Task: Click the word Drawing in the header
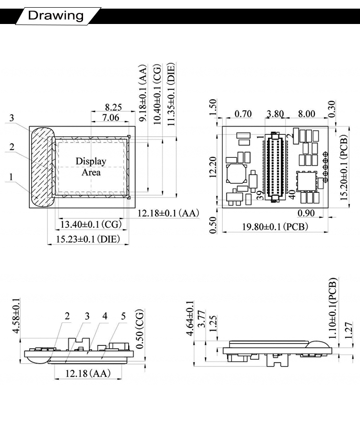(56, 15)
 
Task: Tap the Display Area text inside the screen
(91, 166)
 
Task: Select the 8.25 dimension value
(113, 107)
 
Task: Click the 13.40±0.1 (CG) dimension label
(90, 224)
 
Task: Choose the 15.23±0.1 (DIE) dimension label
(88, 239)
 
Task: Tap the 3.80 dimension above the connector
(275, 114)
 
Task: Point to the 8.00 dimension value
(306, 114)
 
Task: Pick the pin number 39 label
(260, 195)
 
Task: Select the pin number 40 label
(292, 195)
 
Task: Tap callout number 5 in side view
(123, 316)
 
